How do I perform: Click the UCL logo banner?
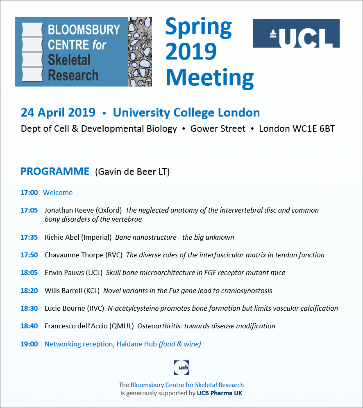[296, 33]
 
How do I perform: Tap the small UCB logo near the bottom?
[181, 368]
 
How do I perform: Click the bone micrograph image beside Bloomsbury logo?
[140, 52]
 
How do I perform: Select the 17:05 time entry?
[29, 210]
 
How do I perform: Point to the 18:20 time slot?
[29, 291]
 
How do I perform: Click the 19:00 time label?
[29, 344]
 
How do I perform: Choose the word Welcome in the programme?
[58, 193]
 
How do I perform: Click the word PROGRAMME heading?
[55, 171]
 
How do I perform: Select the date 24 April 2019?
[58, 112]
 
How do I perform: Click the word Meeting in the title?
[209, 78]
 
